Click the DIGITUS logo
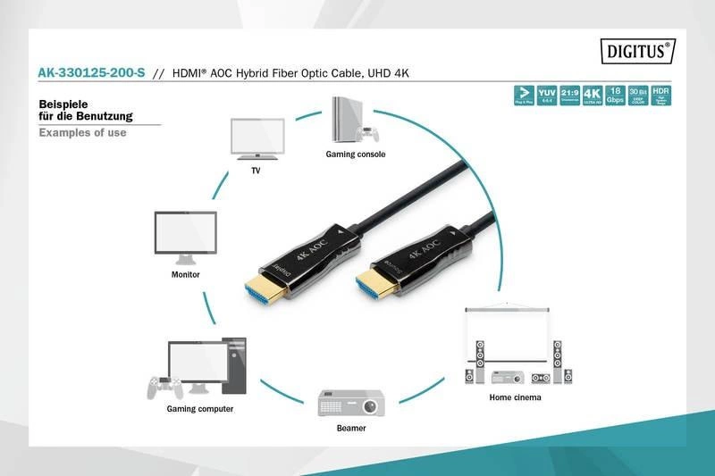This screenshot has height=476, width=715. pyautogui.click(x=638, y=52)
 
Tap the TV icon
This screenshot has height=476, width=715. pyautogui.click(x=257, y=138)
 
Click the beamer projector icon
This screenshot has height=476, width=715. pyautogui.click(x=350, y=404)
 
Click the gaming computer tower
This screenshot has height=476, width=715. pyautogui.click(x=233, y=366)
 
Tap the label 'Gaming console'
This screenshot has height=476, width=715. pyautogui.click(x=355, y=154)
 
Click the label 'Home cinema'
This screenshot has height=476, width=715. pyautogui.click(x=515, y=397)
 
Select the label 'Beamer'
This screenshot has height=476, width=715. pyautogui.click(x=350, y=429)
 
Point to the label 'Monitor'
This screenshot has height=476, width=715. pyautogui.click(x=185, y=275)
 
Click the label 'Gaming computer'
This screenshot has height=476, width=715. pyautogui.click(x=200, y=409)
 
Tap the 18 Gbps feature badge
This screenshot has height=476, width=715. pyautogui.click(x=615, y=96)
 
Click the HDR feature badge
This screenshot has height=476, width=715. pyautogui.click(x=661, y=96)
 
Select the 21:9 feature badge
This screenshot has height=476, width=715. pyautogui.click(x=569, y=96)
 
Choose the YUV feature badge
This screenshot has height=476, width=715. pyautogui.click(x=546, y=96)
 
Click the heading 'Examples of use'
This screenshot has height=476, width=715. pyautogui.click(x=83, y=133)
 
